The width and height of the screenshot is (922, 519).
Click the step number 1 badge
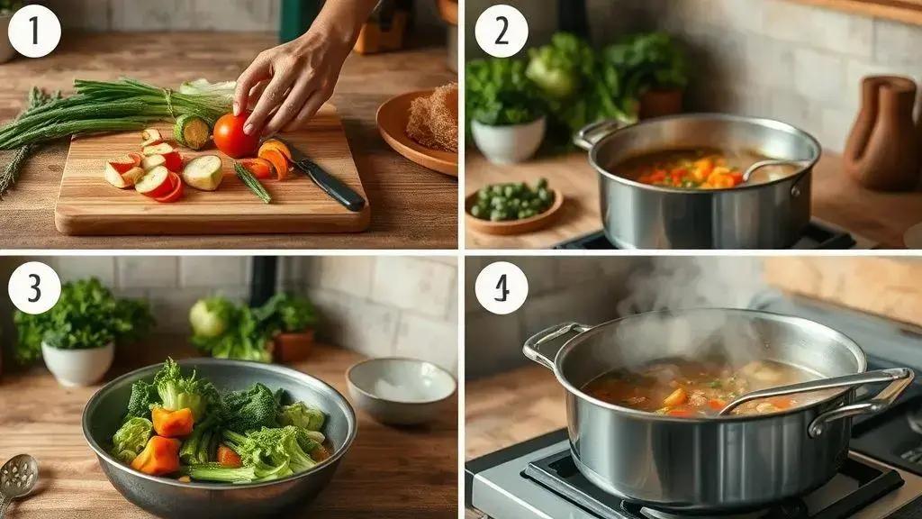click(x=34, y=32)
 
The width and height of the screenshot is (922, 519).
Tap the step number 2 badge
click(x=501, y=32)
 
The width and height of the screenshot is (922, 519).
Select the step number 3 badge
click(x=34, y=287)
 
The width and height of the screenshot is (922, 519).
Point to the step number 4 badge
click(x=501, y=287)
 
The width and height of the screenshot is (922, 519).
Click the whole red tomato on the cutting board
click(x=234, y=135)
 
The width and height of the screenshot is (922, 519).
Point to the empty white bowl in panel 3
click(x=401, y=389)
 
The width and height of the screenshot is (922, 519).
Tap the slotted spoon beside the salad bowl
click(x=18, y=479)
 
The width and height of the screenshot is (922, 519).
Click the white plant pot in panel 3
click(x=77, y=363)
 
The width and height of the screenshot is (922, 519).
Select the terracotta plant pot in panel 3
click(x=293, y=346)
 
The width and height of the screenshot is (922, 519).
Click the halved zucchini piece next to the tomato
click(x=193, y=132)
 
